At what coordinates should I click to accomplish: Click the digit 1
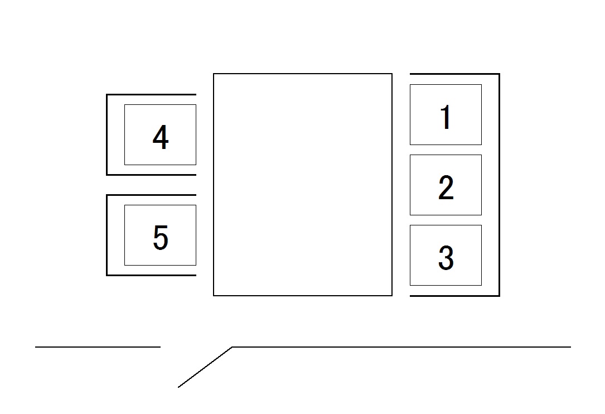click(445, 117)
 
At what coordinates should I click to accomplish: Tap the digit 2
click(446, 187)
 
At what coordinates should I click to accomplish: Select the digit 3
click(446, 258)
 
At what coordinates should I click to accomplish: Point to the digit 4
click(160, 137)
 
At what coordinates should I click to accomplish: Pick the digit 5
click(160, 238)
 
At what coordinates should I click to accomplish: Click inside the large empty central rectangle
click(303, 184)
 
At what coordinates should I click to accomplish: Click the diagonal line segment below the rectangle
click(205, 367)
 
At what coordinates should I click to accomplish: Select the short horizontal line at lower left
click(98, 347)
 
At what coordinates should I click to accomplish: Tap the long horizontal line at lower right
click(401, 347)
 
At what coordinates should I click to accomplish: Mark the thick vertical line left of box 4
click(107, 134)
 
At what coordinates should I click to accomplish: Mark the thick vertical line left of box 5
click(107, 235)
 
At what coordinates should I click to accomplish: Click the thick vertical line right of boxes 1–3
click(498, 184)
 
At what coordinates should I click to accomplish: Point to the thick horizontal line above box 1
click(454, 74)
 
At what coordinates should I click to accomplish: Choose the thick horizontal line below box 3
click(454, 295)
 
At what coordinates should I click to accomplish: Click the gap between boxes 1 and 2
click(446, 150)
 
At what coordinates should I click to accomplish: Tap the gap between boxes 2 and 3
click(446, 220)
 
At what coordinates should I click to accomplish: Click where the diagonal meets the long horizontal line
click(232, 347)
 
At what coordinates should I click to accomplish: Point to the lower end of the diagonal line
click(179, 386)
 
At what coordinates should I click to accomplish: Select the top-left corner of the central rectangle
click(214, 74)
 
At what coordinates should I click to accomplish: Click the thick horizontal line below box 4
click(151, 175)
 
